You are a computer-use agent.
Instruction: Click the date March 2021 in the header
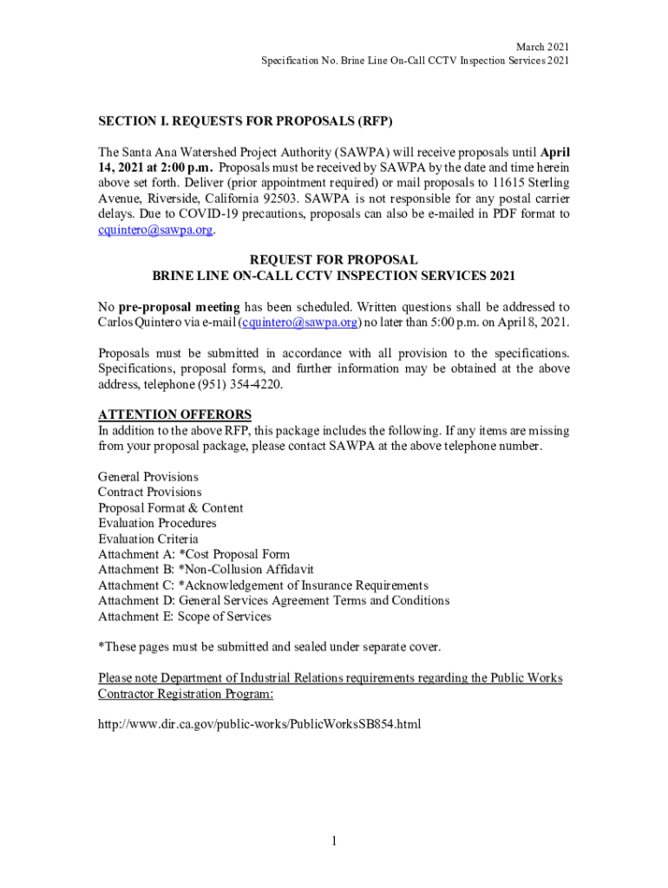pyautogui.click(x=543, y=46)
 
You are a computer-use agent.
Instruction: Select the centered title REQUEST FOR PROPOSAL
pyautogui.click(x=334, y=260)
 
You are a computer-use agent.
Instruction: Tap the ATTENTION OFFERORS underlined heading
pyautogui.click(x=174, y=414)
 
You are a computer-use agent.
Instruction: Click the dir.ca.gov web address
pyautogui.click(x=259, y=723)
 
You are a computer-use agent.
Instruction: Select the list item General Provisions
pyautogui.click(x=148, y=477)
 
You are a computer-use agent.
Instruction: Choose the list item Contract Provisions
pyautogui.click(x=149, y=493)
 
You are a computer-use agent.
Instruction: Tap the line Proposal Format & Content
pyautogui.click(x=171, y=508)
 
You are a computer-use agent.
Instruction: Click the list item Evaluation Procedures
pyautogui.click(x=157, y=523)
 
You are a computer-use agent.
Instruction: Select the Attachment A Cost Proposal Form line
pyautogui.click(x=193, y=554)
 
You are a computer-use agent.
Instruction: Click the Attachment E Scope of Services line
pyautogui.click(x=184, y=617)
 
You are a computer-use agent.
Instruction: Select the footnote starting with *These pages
pyautogui.click(x=270, y=647)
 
